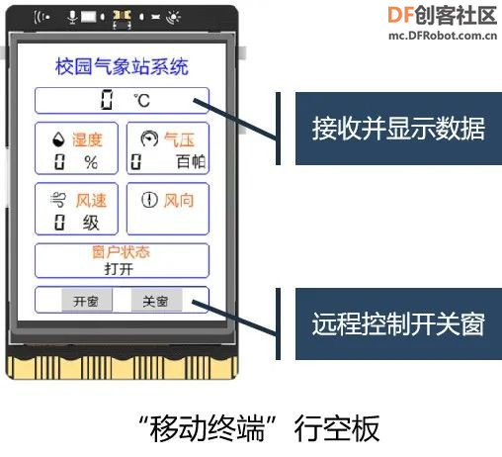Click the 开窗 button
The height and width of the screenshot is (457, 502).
pyautogui.click(x=87, y=300)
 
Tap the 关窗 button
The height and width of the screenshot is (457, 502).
pyautogui.click(x=156, y=300)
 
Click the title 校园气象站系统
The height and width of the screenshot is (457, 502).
pyautogui.click(x=122, y=66)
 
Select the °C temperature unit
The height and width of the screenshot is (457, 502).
pyautogui.click(x=142, y=101)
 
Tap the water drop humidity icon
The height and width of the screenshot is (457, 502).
pyautogui.click(x=58, y=139)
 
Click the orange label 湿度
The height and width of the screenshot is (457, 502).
pyautogui.click(x=87, y=139)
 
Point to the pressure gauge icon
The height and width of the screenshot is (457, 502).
pyautogui.click(x=149, y=138)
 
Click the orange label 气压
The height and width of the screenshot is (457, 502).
pyautogui.click(x=179, y=139)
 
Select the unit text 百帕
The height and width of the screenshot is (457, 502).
pyautogui.click(x=191, y=162)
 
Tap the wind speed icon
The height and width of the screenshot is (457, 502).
pyautogui.click(x=58, y=199)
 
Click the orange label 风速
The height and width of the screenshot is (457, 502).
pyautogui.click(x=91, y=201)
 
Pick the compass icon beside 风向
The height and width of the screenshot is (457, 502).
pyautogui.click(x=149, y=200)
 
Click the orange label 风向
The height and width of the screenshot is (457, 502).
pyautogui.click(x=179, y=201)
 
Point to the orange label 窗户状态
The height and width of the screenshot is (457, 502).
pyautogui.click(x=122, y=252)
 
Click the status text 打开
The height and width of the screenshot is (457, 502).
pyautogui.click(x=119, y=269)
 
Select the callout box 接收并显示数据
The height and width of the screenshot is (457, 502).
pyautogui.click(x=398, y=129)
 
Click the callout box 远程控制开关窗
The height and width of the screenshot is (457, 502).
pyautogui.click(x=398, y=323)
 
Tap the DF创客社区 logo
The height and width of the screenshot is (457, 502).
pyautogui.click(x=443, y=16)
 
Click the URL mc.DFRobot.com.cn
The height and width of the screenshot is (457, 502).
pyautogui.click(x=443, y=36)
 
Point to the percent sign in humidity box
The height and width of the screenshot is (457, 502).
pyautogui.click(x=91, y=162)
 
